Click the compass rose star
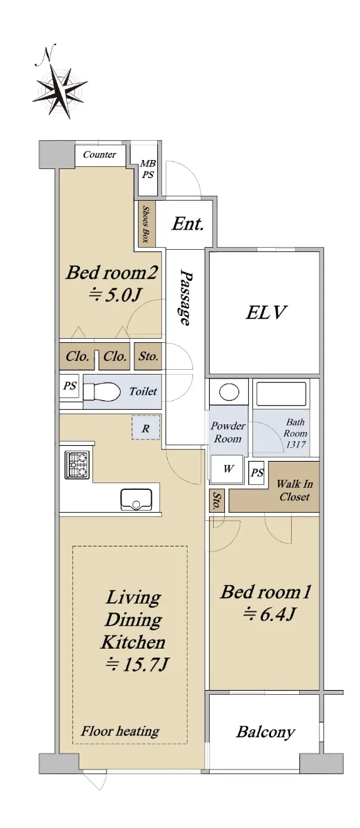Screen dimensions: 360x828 (60, 92)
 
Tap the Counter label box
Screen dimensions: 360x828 (100, 155)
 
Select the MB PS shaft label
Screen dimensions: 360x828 (148, 169)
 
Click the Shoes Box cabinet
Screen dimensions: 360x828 (147, 224)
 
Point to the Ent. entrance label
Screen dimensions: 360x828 (188, 224)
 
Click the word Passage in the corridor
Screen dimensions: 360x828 (186, 297)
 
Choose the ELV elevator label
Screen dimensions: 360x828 (266, 313)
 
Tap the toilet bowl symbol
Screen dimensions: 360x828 (101, 392)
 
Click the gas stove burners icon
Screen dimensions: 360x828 (77, 465)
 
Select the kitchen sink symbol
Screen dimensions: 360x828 (137, 500)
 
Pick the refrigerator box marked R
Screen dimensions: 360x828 (146, 428)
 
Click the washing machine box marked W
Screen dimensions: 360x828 (227, 469)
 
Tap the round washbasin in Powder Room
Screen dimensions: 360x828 (228, 392)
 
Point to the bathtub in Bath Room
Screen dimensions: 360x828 (281, 395)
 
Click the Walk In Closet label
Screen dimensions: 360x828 (294, 490)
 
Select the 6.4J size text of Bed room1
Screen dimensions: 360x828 (270, 614)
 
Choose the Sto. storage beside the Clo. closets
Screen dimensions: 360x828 (148, 356)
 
